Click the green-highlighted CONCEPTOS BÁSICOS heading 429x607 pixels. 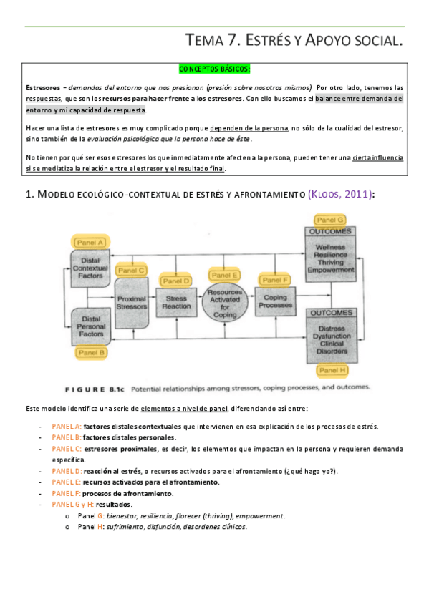click(214, 69)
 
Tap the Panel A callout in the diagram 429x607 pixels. click(90, 242)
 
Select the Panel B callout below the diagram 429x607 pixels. click(91, 352)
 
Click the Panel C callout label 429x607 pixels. click(131, 270)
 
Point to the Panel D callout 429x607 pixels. click(176, 281)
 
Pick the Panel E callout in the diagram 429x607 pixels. click(226, 275)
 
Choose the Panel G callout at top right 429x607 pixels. click(330, 220)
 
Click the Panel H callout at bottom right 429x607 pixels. click(332, 370)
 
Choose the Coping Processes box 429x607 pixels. click(276, 302)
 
